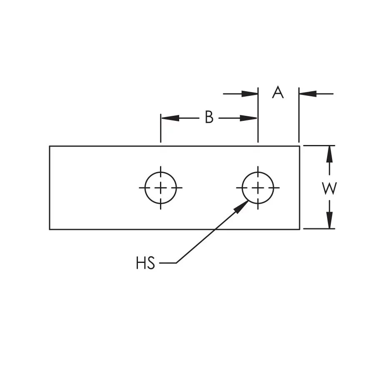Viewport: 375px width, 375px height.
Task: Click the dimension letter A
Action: (x=278, y=92)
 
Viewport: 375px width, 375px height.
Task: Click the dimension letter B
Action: (x=209, y=118)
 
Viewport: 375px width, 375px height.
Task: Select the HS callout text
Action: (x=145, y=263)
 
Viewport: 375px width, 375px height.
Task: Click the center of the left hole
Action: (x=161, y=188)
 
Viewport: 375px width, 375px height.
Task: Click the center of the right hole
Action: (x=258, y=188)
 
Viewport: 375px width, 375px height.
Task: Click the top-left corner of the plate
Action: (x=50, y=146)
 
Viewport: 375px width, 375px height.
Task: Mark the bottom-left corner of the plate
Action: (x=50, y=229)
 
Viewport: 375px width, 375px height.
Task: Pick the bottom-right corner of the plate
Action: (x=300, y=229)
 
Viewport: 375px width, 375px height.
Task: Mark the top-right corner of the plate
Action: (x=300, y=146)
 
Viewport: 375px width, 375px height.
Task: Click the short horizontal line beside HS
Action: (x=167, y=263)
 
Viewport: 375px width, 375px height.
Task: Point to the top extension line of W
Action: (x=319, y=145)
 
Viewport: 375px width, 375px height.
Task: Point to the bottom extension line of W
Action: (x=319, y=229)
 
